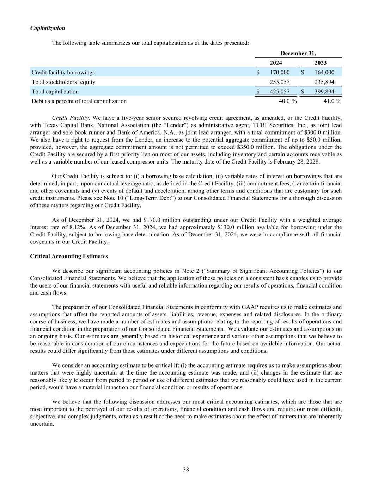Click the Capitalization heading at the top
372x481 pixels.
pos(48,28)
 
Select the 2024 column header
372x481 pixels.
pos(276,63)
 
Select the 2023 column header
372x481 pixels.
pos(321,63)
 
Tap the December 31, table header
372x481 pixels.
pos(298,53)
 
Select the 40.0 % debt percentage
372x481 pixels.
pos(288,101)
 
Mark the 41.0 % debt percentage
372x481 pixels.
pos(333,101)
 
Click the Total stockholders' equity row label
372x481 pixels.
pos(63,82)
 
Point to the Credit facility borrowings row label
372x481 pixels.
pos(63,72)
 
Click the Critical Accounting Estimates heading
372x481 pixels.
pos(69,256)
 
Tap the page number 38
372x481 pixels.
pos(186,469)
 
